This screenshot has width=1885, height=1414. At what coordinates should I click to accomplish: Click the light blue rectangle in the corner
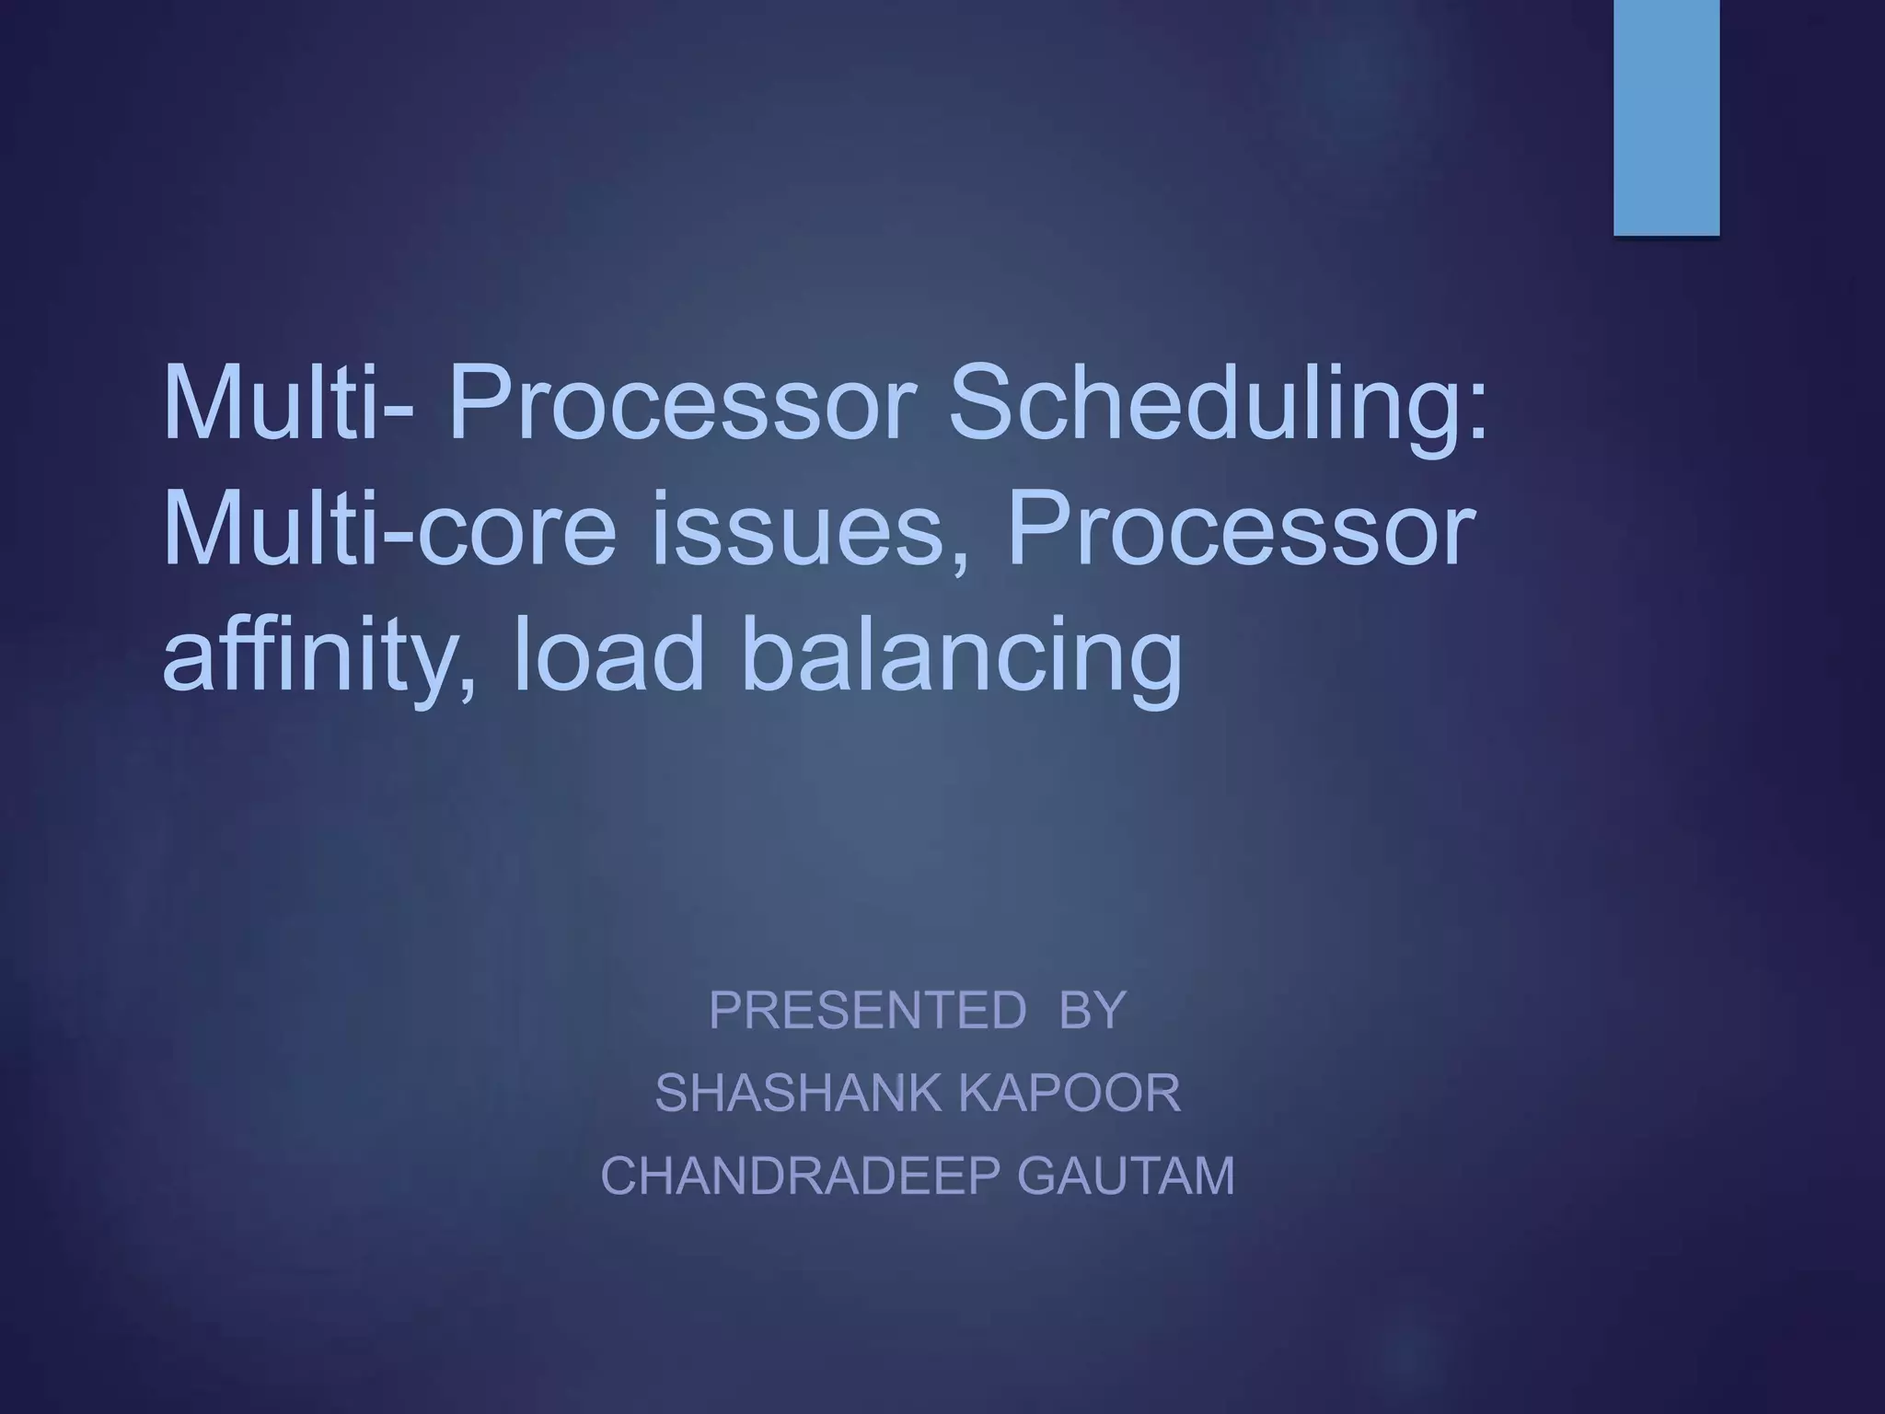click(x=1666, y=117)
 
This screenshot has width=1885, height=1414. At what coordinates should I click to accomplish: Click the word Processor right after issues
click(x=1242, y=531)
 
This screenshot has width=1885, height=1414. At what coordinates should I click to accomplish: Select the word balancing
click(x=961, y=658)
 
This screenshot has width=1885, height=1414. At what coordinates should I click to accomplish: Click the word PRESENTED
click(x=867, y=1010)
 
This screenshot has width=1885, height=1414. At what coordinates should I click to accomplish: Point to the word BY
click(x=1093, y=1010)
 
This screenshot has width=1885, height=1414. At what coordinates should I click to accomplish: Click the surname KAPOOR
click(x=1070, y=1094)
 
